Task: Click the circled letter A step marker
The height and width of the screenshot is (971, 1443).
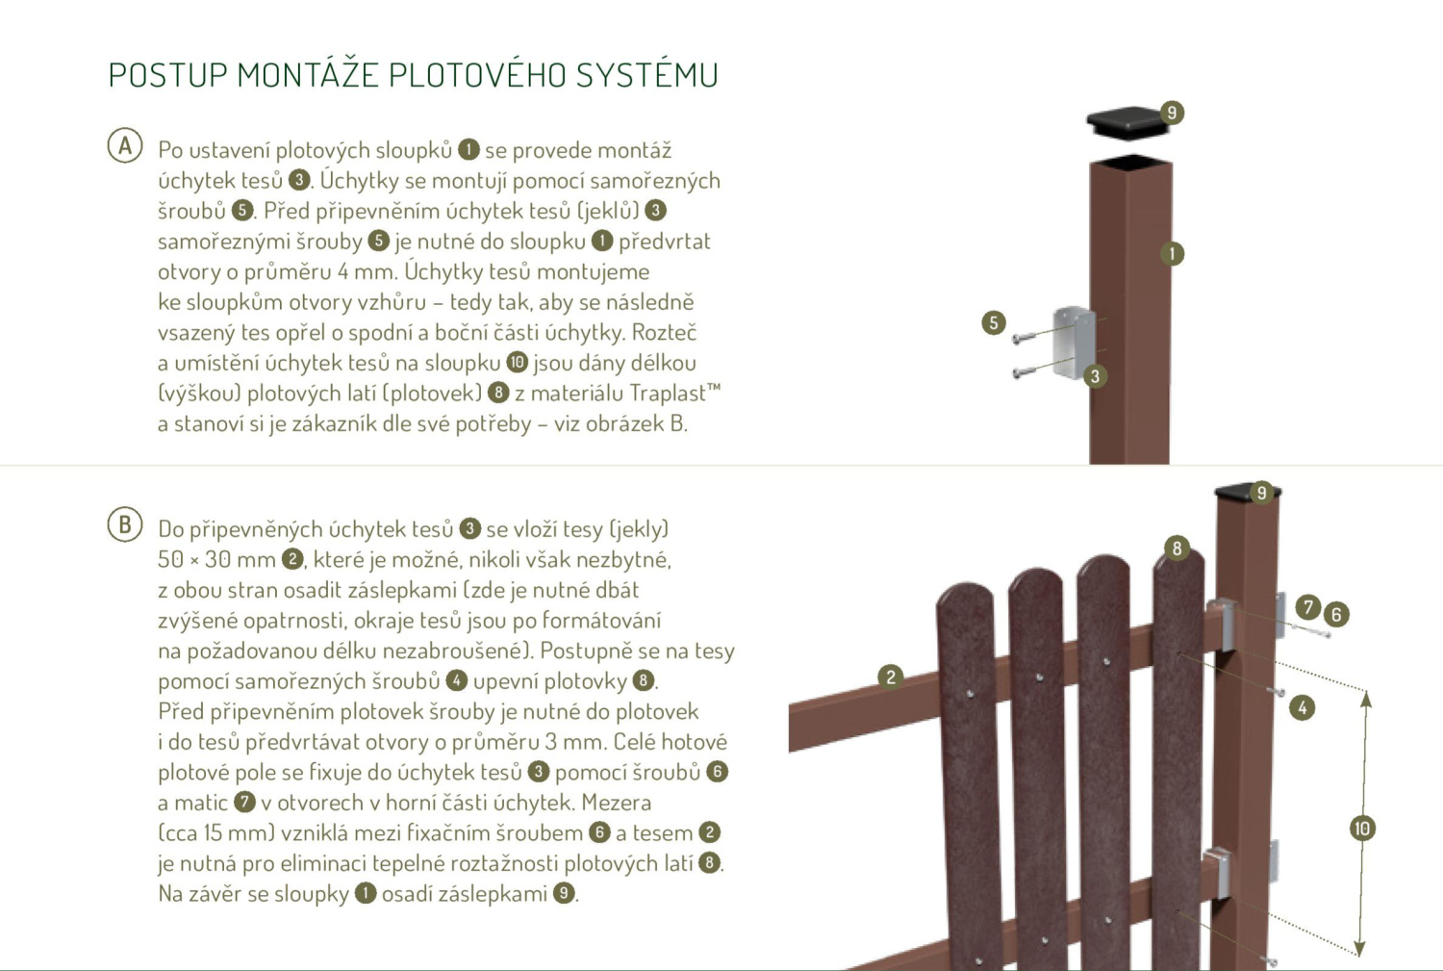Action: pyautogui.click(x=125, y=146)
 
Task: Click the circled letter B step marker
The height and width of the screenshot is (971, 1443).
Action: pyautogui.click(x=125, y=524)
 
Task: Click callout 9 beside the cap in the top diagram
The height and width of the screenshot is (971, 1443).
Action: pyautogui.click(x=1171, y=113)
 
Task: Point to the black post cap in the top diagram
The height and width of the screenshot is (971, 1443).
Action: pyautogui.click(x=1127, y=122)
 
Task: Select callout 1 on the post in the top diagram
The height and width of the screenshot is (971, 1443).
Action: pyautogui.click(x=1172, y=254)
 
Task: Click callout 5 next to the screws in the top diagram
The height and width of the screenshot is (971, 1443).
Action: pyautogui.click(x=994, y=322)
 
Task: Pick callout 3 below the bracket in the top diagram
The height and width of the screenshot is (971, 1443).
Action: pyautogui.click(x=1095, y=376)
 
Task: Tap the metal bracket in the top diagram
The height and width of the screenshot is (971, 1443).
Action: pyautogui.click(x=1076, y=342)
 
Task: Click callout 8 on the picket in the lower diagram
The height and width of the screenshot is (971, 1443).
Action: pyautogui.click(x=1177, y=549)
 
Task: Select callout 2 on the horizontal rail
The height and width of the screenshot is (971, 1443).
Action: pyautogui.click(x=891, y=677)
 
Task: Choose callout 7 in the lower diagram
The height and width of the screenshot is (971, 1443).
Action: pyautogui.click(x=1307, y=606)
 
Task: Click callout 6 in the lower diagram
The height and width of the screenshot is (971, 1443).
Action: pyautogui.click(x=1335, y=614)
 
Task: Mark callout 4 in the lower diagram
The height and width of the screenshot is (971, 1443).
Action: pyautogui.click(x=1302, y=708)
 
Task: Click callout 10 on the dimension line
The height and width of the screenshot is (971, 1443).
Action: pyautogui.click(x=1361, y=829)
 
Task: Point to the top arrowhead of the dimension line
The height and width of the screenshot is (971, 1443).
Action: pyautogui.click(x=1365, y=699)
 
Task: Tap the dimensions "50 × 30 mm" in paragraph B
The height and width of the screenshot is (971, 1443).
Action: pyautogui.click(x=216, y=559)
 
